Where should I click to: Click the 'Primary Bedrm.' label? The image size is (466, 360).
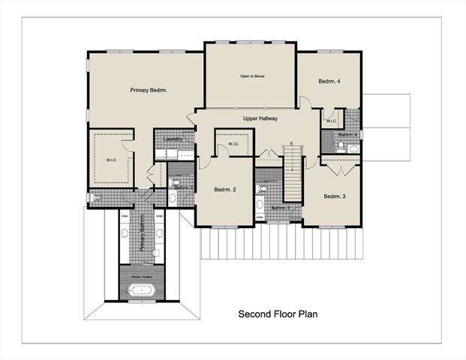148,91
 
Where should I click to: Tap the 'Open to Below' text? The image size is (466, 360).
252,76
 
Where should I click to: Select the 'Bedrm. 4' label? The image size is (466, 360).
329,81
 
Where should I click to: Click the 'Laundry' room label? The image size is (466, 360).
174,139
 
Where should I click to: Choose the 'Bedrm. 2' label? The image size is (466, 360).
225,190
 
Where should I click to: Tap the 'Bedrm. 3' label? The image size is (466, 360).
335,196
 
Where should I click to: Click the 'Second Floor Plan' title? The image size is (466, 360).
278,313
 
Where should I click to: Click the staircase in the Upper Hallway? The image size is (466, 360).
292,172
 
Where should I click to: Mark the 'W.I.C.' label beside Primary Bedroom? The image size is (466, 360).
111,159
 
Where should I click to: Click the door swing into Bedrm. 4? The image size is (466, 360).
304,103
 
